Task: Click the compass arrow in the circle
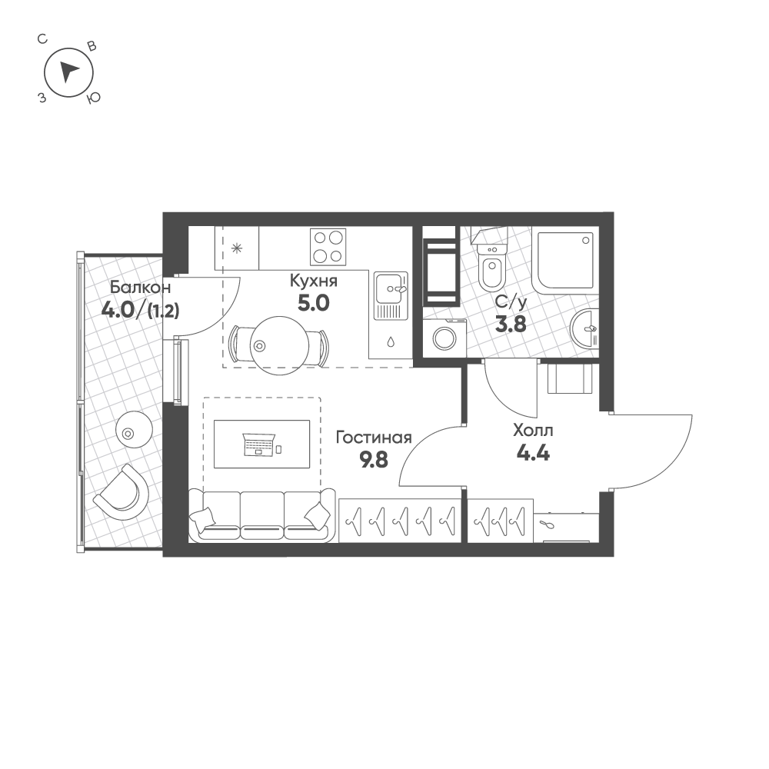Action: [68, 72]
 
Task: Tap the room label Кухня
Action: [314, 281]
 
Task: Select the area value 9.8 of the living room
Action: [374, 460]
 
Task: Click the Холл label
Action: [533, 431]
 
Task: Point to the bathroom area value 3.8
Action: [511, 325]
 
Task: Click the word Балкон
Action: [140, 287]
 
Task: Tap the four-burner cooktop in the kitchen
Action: [328, 247]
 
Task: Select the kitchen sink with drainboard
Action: [391, 296]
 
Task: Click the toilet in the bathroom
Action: [491, 265]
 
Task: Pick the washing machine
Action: [444, 335]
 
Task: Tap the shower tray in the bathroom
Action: [568, 263]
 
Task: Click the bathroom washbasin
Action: [585, 328]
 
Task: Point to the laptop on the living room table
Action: [259, 444]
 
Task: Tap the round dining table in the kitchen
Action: [279, 345]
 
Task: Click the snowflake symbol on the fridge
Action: [237, 248]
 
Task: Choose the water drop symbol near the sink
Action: [391, 341]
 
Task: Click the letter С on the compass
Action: [42, 39]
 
